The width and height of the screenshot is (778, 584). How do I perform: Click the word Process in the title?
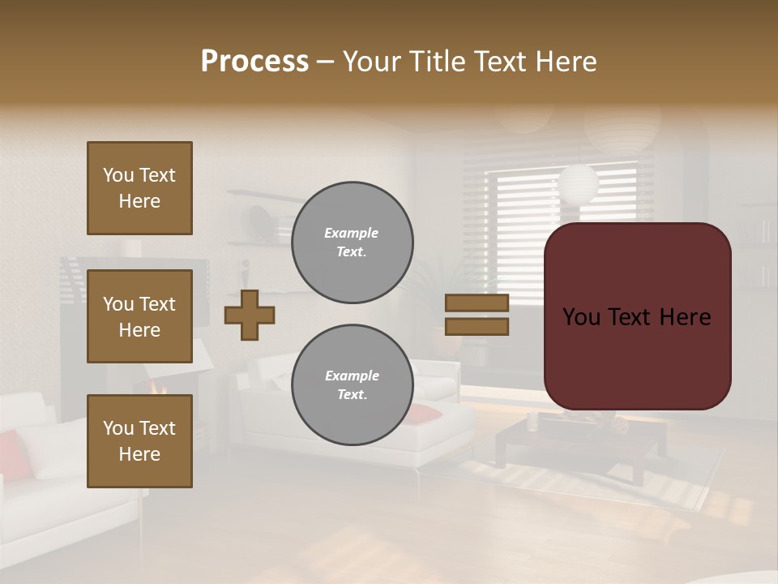(254, 62)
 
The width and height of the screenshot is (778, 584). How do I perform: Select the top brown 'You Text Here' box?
(139, 188)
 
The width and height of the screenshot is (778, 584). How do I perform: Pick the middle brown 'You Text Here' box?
(139, 316)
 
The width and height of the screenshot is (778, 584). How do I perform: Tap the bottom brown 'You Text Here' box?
(139, 441)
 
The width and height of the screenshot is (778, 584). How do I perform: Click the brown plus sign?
(250, 315)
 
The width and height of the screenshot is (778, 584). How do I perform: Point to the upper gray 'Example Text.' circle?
(352, 243)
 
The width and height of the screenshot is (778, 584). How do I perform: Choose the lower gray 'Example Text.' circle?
(352, 385)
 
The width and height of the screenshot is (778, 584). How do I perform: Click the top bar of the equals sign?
(477, 303)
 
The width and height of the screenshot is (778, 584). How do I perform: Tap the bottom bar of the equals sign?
(477, 326)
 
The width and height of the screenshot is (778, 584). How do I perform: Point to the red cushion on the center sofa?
(425, 414)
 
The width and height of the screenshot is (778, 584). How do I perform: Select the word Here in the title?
(566, 62)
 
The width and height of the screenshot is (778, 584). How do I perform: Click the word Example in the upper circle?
(351, 233)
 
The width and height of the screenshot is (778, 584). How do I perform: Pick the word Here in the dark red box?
(685, 317)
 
